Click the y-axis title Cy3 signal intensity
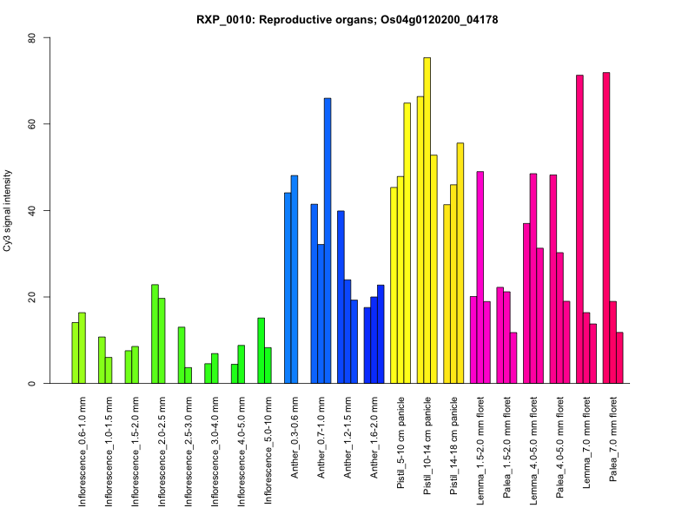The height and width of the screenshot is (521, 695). point(8,211)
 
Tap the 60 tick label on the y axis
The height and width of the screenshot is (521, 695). point(32,124)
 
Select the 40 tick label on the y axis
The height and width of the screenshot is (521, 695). point(32,211)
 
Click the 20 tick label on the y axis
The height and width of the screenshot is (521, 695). point(32,297)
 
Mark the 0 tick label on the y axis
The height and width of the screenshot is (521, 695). point(32,383)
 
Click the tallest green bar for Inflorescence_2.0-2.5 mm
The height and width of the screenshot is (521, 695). point(155,333)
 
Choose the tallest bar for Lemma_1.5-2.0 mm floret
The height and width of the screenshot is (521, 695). point(480,277)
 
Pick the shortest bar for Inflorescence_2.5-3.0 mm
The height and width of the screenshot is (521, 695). point(188,375)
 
